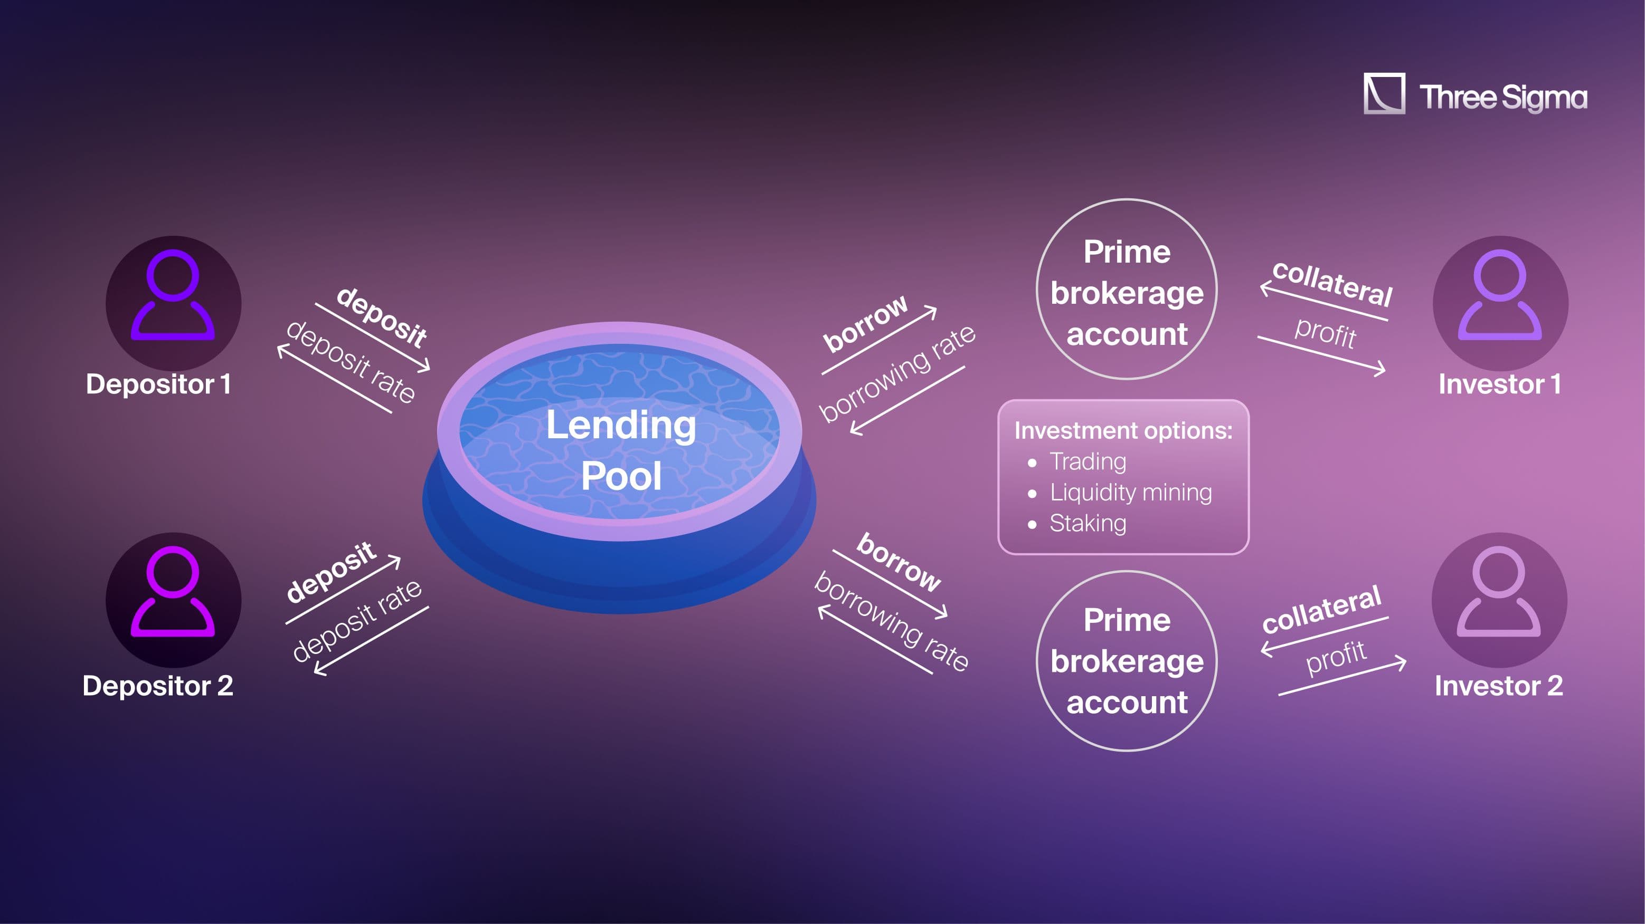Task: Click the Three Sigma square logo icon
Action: (x=1384, y=94)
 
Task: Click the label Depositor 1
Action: (x=158, y=384)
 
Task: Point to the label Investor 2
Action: (x=1499, y=686)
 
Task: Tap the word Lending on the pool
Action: (x=621, y=426)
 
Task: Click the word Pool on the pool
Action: (x=621, y=476)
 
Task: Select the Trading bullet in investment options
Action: (x=1088, y=461)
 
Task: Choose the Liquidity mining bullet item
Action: (x=1130, y=492)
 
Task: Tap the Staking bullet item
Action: (x=1088, y=523)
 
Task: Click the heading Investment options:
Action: (x=1123, y=431)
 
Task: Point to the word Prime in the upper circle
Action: (x=1127, y=252)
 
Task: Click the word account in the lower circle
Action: (x=1127, y=702)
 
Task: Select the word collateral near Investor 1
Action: (x=1332, y=283)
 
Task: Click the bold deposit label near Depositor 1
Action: (x=381, y=317)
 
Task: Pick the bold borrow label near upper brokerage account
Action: (x=865, y=323)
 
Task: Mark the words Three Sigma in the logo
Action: (x=1503, y=98)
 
